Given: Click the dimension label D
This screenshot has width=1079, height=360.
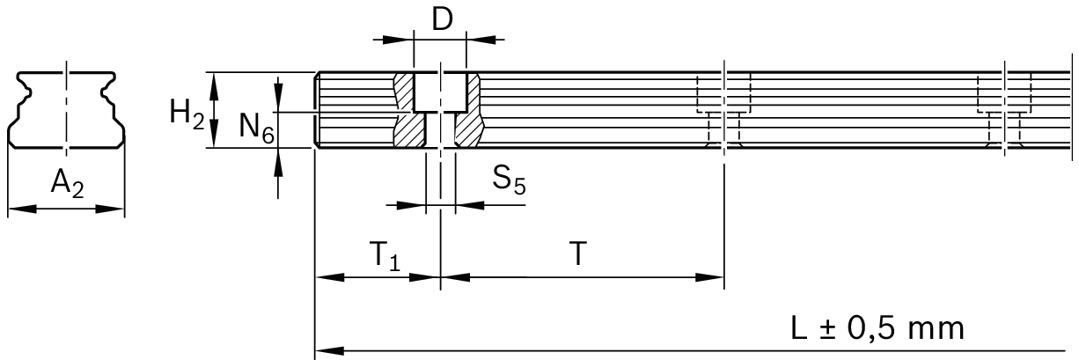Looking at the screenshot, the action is tap(442, 19).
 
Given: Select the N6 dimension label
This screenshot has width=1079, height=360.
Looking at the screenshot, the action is tap(257, 129).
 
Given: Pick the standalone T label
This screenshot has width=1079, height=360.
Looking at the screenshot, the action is tap(577, 253).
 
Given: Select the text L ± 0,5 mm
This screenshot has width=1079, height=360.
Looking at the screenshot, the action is tap(877, 328).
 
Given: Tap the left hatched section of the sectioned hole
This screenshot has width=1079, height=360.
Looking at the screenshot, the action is tap(409, 110).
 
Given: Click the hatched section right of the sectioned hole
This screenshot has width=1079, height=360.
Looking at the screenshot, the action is tap(469, 110).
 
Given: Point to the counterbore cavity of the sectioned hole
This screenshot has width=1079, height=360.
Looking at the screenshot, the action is tap(440, 92).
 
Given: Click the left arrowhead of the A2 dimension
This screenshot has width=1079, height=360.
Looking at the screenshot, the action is tap(23, 209).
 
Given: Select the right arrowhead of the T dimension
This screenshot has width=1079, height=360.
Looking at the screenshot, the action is tap(709, 277).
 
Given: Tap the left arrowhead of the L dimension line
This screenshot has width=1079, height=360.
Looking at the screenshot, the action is tap(329, 351).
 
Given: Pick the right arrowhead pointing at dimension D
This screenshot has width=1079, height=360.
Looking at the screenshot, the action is tap(481, 40).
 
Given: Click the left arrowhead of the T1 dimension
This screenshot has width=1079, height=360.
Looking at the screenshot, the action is tap(330, 277).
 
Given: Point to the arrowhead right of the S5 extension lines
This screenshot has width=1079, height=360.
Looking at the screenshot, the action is tap(470, 206).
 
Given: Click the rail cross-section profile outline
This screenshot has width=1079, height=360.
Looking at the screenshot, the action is tap(67, 110).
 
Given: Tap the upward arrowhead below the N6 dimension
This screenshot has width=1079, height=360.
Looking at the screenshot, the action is tap(278, 163).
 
